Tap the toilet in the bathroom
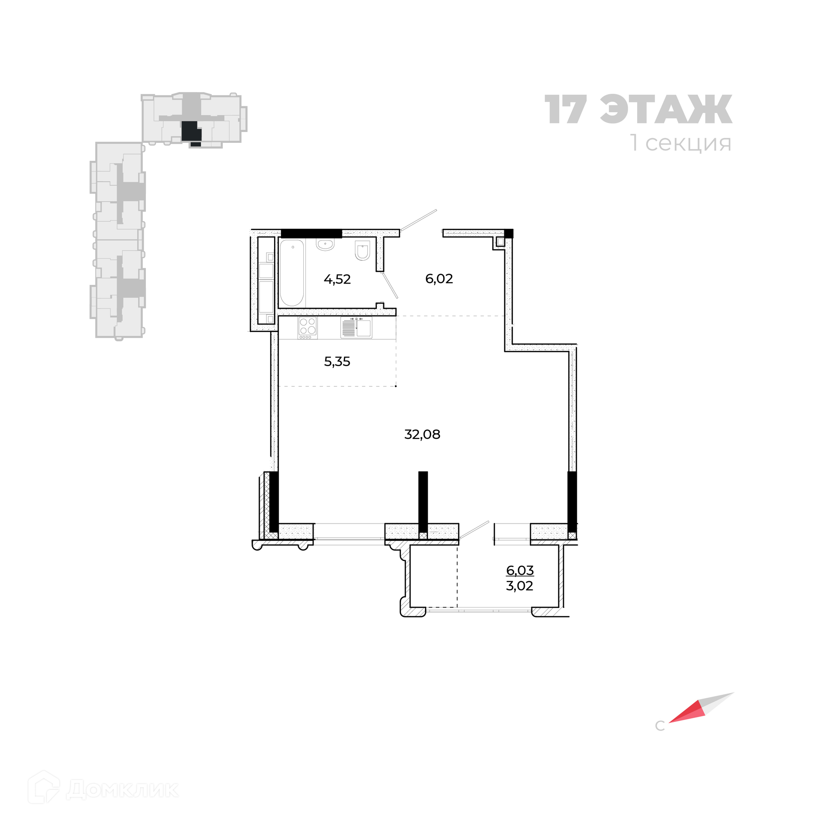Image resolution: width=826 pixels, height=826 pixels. tap(363, 250)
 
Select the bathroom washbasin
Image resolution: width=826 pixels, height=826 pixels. tap(325, 244)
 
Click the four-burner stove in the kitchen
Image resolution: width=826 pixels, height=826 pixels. tap(307, 327)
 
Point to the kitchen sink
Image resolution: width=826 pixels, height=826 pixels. tap(356, 327)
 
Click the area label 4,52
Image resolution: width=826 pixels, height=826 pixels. tap(337, 280)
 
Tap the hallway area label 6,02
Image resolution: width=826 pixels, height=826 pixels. tap(439, 279)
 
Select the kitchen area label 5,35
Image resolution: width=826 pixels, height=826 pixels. tap(337, 362)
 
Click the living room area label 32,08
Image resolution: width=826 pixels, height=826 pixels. tap(422, 435)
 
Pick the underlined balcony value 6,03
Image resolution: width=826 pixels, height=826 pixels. tap(520, 570)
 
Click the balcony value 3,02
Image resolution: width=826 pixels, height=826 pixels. tap(519, 586)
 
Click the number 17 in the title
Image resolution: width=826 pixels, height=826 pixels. tap(566, 110)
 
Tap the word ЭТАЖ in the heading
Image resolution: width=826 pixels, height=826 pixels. tap(666, 110)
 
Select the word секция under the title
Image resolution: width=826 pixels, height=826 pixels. tap(688, 143)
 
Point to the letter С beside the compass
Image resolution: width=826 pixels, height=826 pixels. tap(660, 726)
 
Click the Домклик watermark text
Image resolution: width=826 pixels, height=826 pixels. tap(122, 789)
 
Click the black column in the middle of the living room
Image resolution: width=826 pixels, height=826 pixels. tap(423, 502)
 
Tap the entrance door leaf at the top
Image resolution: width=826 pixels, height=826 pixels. tap(418, 220)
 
